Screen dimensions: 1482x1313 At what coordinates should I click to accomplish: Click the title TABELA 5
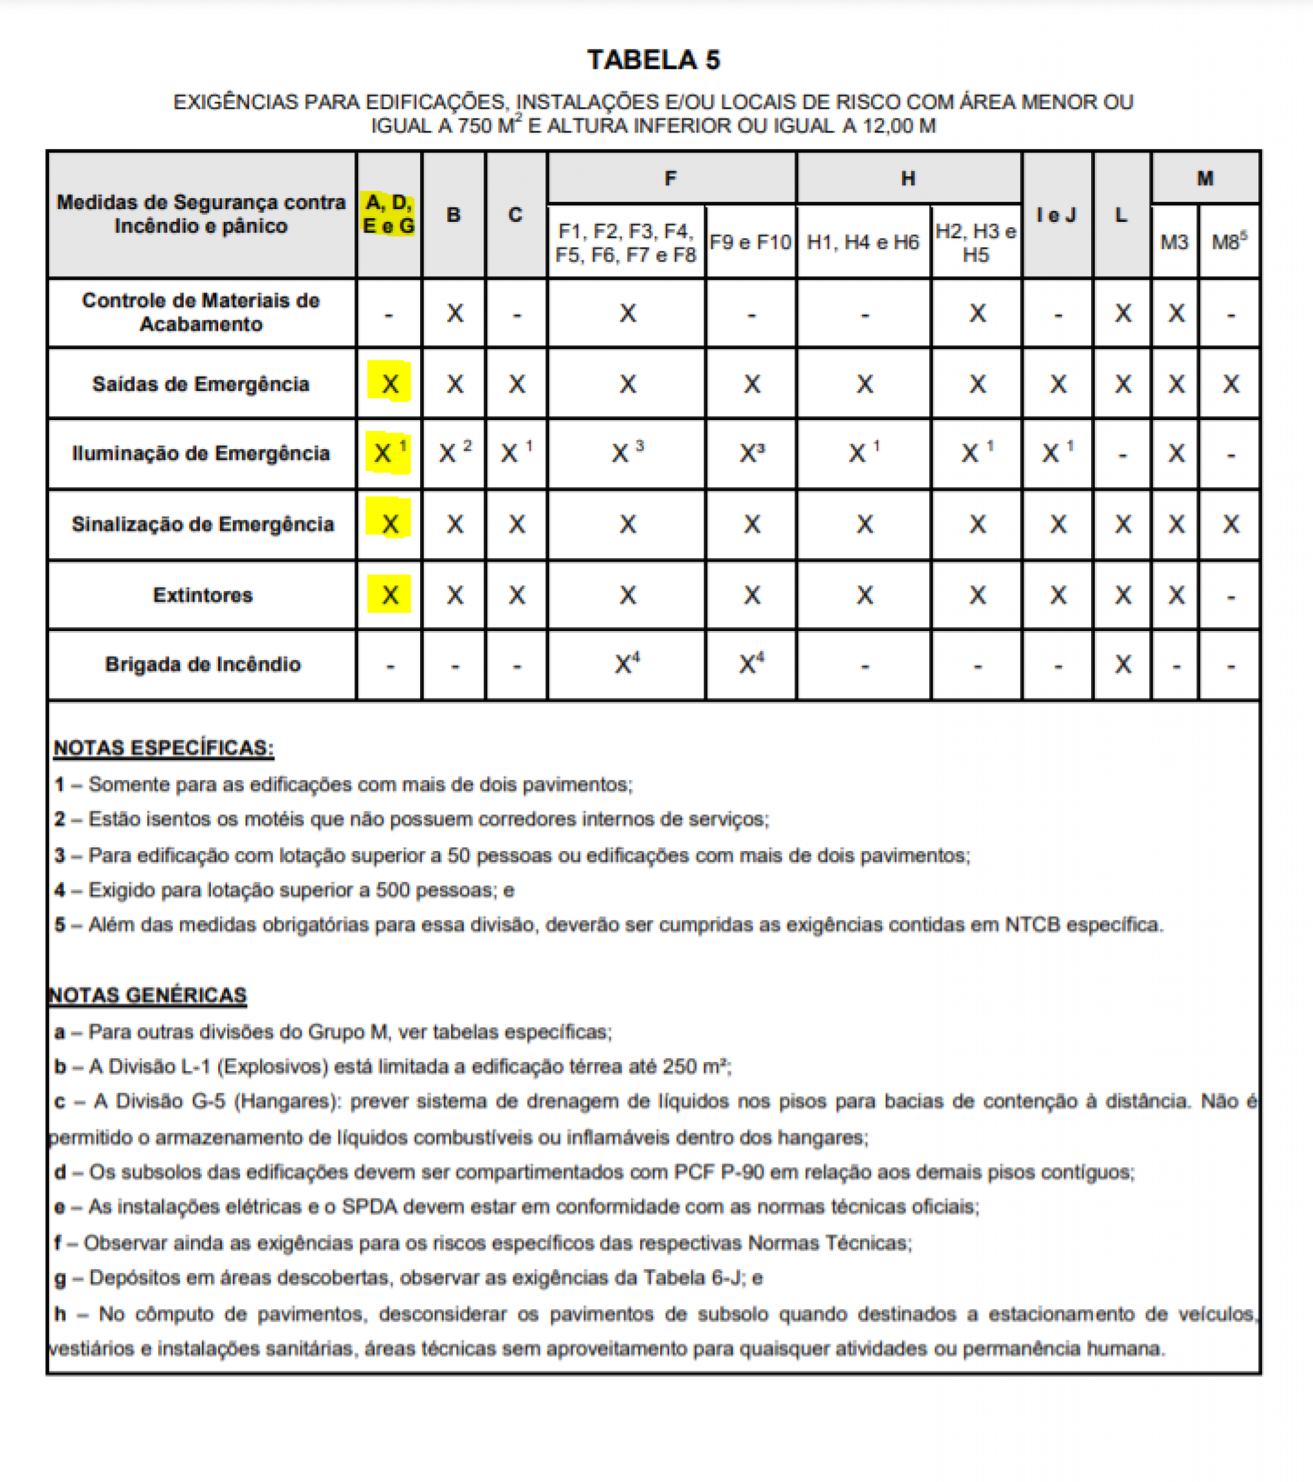coord(653,60)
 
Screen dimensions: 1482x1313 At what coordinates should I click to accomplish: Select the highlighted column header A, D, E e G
coord(388,214)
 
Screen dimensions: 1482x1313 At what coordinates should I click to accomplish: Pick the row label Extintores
coord(202,595)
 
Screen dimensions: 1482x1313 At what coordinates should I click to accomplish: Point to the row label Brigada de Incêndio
coord(202,664)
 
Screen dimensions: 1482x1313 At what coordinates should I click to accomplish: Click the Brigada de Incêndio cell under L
coord(1122,664)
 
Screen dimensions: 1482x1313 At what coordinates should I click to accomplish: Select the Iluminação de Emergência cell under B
coord(455,453)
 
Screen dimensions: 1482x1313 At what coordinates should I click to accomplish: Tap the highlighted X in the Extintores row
coord(389,595)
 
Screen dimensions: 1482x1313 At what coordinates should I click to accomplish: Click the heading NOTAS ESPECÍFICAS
coord(164,748)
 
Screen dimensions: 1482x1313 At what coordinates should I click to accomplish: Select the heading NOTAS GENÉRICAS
coord(148,994)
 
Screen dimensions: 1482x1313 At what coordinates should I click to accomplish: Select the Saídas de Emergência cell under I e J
coord(1058,384)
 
